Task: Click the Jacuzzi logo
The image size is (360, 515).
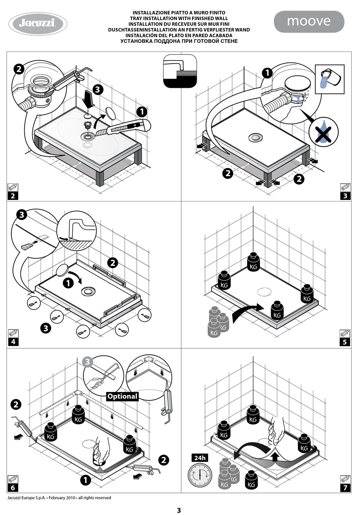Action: coord(38,24)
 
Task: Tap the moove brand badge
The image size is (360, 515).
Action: coord(309,21)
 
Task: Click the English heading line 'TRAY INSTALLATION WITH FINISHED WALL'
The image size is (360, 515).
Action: coord(179,18)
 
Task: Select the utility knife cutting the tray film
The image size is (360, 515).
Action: coord(125,127)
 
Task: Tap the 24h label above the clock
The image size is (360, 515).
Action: coord(200,458)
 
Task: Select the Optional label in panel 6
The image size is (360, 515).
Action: coord(122,396)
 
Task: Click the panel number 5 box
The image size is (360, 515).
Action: coord(345,342)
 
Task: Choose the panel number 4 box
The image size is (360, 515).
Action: coord(13,342)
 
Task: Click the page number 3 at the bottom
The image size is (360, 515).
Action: coord(179,510)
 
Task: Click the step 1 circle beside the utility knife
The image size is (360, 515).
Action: coord(142,112)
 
